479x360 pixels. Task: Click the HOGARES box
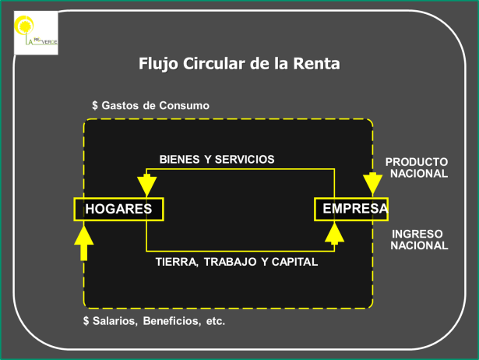click(x=118, y=209)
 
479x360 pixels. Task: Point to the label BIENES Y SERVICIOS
click(x=217, y=159)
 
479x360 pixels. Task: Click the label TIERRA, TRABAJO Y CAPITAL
click(x=236, y=263)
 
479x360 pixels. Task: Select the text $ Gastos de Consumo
click(x=150, y=105)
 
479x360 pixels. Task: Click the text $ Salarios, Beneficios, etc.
click(x=153, y=321)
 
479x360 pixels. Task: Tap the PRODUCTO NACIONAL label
click(x=417, y=168)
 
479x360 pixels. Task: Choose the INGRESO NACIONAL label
click(x=419, y=239)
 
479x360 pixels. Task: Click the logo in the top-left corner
click(x=36, y=33)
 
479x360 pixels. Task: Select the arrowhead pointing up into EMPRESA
click(x=335, y=231)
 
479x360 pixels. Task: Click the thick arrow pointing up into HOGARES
click(x=83, y=240)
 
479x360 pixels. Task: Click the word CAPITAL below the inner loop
click(x=295, y=263)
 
